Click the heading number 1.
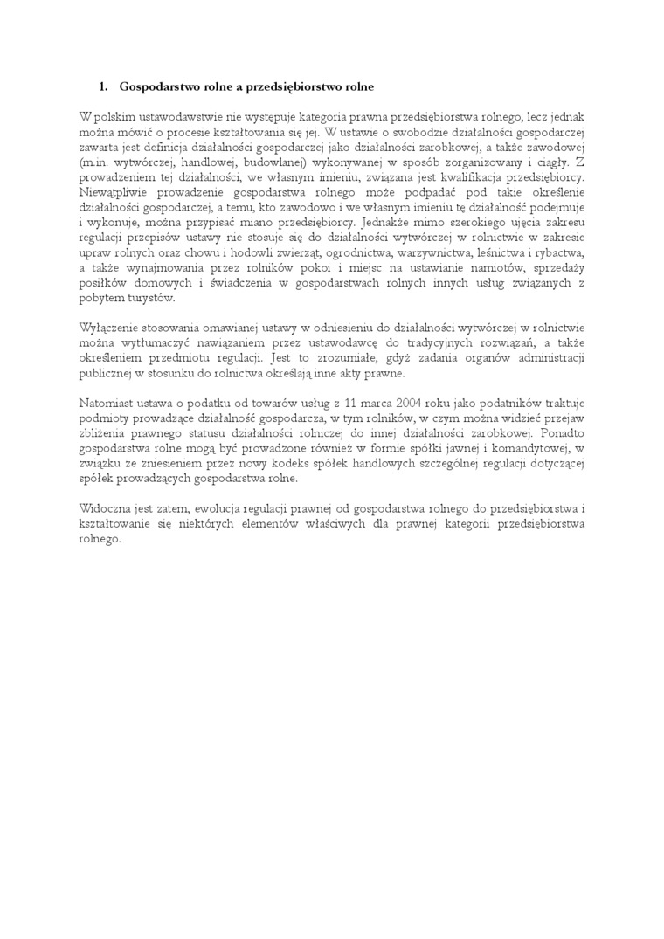click(x=103, y=86)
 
